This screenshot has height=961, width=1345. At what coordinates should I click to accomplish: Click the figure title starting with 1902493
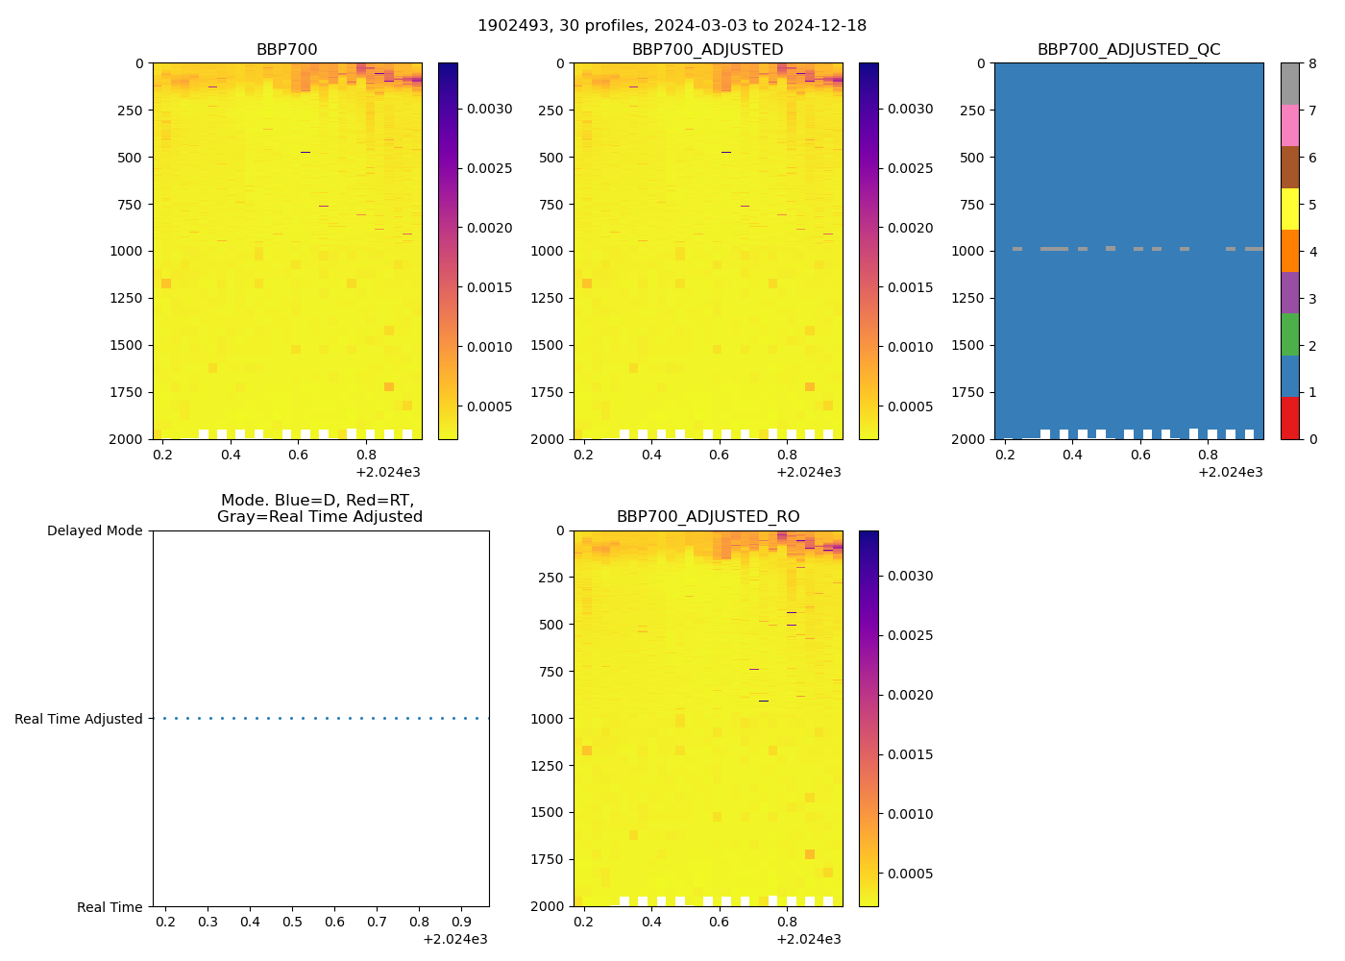click(672, 26)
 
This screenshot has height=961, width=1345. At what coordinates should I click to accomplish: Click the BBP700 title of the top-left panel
click(286, 50)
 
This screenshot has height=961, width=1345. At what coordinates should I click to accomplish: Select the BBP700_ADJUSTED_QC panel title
click(1128, 50)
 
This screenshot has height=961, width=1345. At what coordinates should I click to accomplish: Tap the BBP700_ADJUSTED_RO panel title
click(707, 517)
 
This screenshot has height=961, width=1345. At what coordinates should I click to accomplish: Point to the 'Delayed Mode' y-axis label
click(94, 531)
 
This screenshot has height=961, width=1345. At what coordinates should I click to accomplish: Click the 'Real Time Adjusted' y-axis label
click(78, 719)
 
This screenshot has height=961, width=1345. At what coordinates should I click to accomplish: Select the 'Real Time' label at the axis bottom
click(110, 907)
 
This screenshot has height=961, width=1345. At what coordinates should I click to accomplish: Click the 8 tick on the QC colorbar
click(1312, 64)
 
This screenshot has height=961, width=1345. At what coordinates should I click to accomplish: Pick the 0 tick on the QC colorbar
click(1312, 439)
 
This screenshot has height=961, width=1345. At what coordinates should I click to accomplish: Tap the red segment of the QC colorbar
click(1289, 418)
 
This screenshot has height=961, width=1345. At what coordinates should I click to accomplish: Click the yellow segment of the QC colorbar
click(1289, 209)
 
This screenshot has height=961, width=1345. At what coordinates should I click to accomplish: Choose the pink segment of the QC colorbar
click(1289, 126)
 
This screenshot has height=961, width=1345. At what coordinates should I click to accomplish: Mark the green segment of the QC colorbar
click(1289, 334)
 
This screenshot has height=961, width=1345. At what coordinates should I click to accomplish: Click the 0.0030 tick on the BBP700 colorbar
click(489, 110)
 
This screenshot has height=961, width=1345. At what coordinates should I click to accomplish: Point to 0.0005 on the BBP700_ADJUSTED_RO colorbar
click(910, 874)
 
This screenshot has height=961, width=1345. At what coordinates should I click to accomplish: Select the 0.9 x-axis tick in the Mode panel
click(461, 923)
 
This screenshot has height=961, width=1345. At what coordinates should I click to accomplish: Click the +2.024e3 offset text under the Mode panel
click(454, 939)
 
